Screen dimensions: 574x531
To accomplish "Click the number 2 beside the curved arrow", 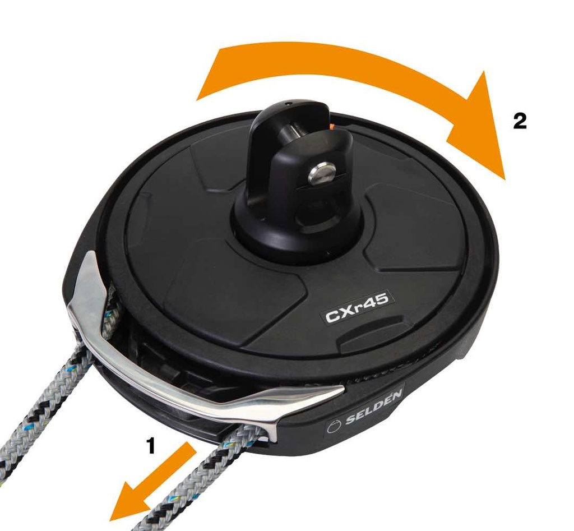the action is pyautogui.click(x=520, y=121).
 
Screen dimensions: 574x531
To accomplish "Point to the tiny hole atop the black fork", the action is pyautogui.click(x=289, y=104).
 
